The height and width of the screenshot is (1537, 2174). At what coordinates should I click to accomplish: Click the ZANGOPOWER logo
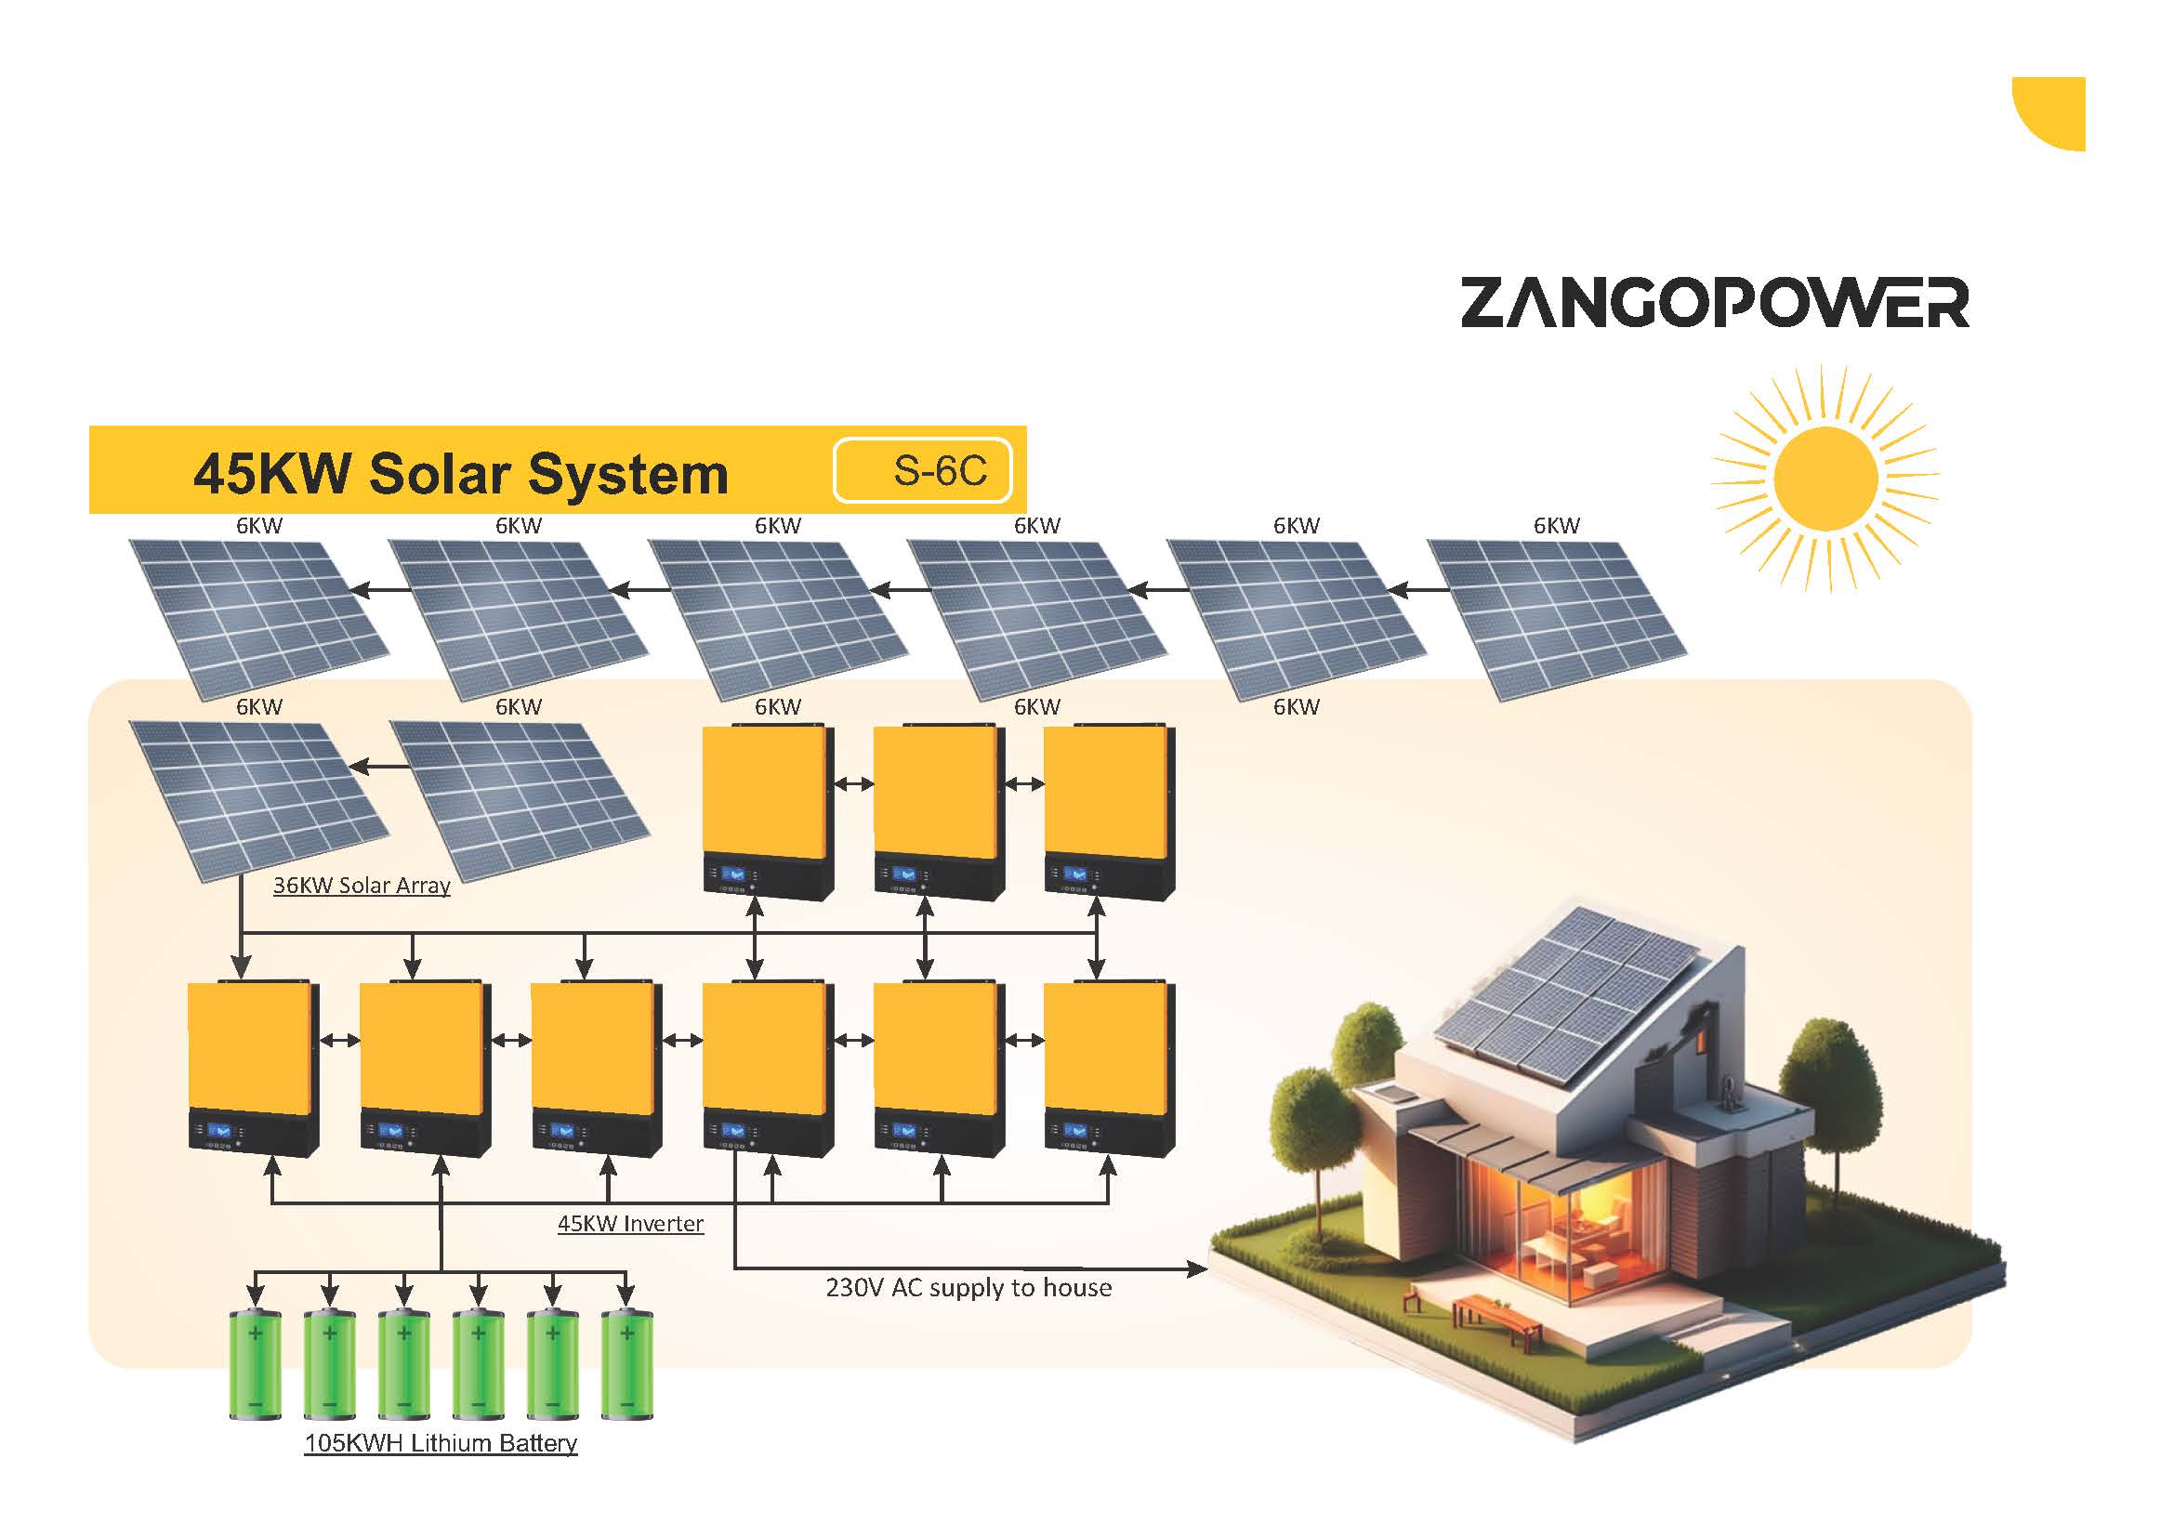pyautogui.click(x=1715, y=303)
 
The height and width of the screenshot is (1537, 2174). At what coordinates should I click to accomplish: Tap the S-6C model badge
pyautogui.click(x=923, y=470)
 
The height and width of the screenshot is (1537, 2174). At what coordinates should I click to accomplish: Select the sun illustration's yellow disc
pyautogui.click(x=1825, y=478)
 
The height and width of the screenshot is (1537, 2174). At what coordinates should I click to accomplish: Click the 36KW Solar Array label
pyautogui.click(x=362, y=886)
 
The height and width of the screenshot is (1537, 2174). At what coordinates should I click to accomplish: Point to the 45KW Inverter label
pyautogui.click(x=630, y=1224)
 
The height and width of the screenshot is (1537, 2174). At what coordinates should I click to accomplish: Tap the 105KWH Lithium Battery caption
pyautogui.click(x=441, y=1443)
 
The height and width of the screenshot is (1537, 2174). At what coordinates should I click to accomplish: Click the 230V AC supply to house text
pyautogui.click(x=968, y=1288)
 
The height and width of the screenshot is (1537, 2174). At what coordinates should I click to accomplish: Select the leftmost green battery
pyautogui.click(x=256, y=1364)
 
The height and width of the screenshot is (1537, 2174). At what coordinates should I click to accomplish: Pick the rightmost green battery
pyautogui.click(x=626, y=1364)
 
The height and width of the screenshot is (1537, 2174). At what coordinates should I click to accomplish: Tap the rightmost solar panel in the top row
pyautogui.click(x=1558, y=620)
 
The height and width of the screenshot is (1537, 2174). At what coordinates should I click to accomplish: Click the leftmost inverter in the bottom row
pyautogui.click(x=254, y=1070)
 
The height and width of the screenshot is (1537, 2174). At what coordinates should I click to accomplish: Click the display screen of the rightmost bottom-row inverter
pyautogui.click(x=1074, y=1130)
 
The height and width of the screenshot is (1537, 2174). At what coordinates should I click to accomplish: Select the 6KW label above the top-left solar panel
pyautogui.click(x=259, y=526)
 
